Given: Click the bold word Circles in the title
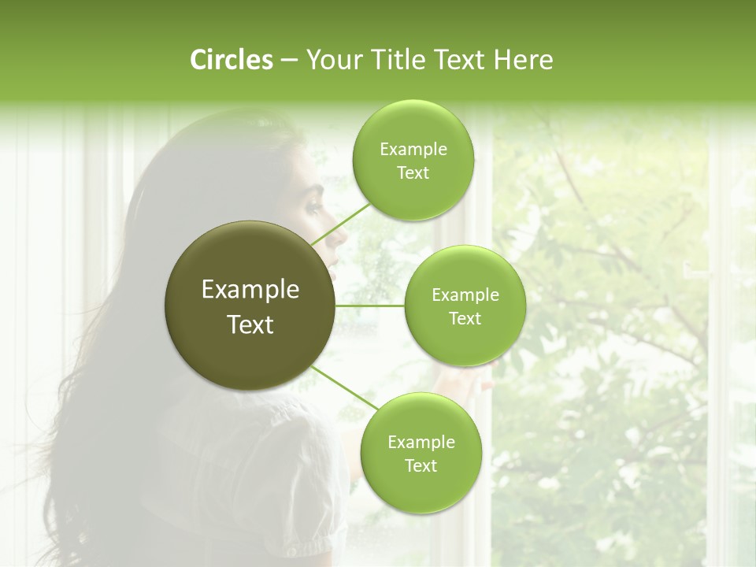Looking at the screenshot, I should [x=231, y=60].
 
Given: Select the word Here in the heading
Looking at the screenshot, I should [x=522, y=60].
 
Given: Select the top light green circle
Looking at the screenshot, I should [x=413, y=161].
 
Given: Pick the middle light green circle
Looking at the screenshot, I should [x=465, y=306].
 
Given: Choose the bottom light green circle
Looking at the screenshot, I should [x=421, y=454].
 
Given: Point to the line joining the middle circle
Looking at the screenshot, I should [x=370, y=306].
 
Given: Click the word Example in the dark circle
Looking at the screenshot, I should [x=250, y=290].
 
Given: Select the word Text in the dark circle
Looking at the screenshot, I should [x=250, y=324].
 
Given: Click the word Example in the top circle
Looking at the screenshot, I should [x=413, y=150].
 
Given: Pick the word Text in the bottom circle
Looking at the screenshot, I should [x=421, y=465].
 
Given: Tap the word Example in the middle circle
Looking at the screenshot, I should [x=465, y=295].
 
